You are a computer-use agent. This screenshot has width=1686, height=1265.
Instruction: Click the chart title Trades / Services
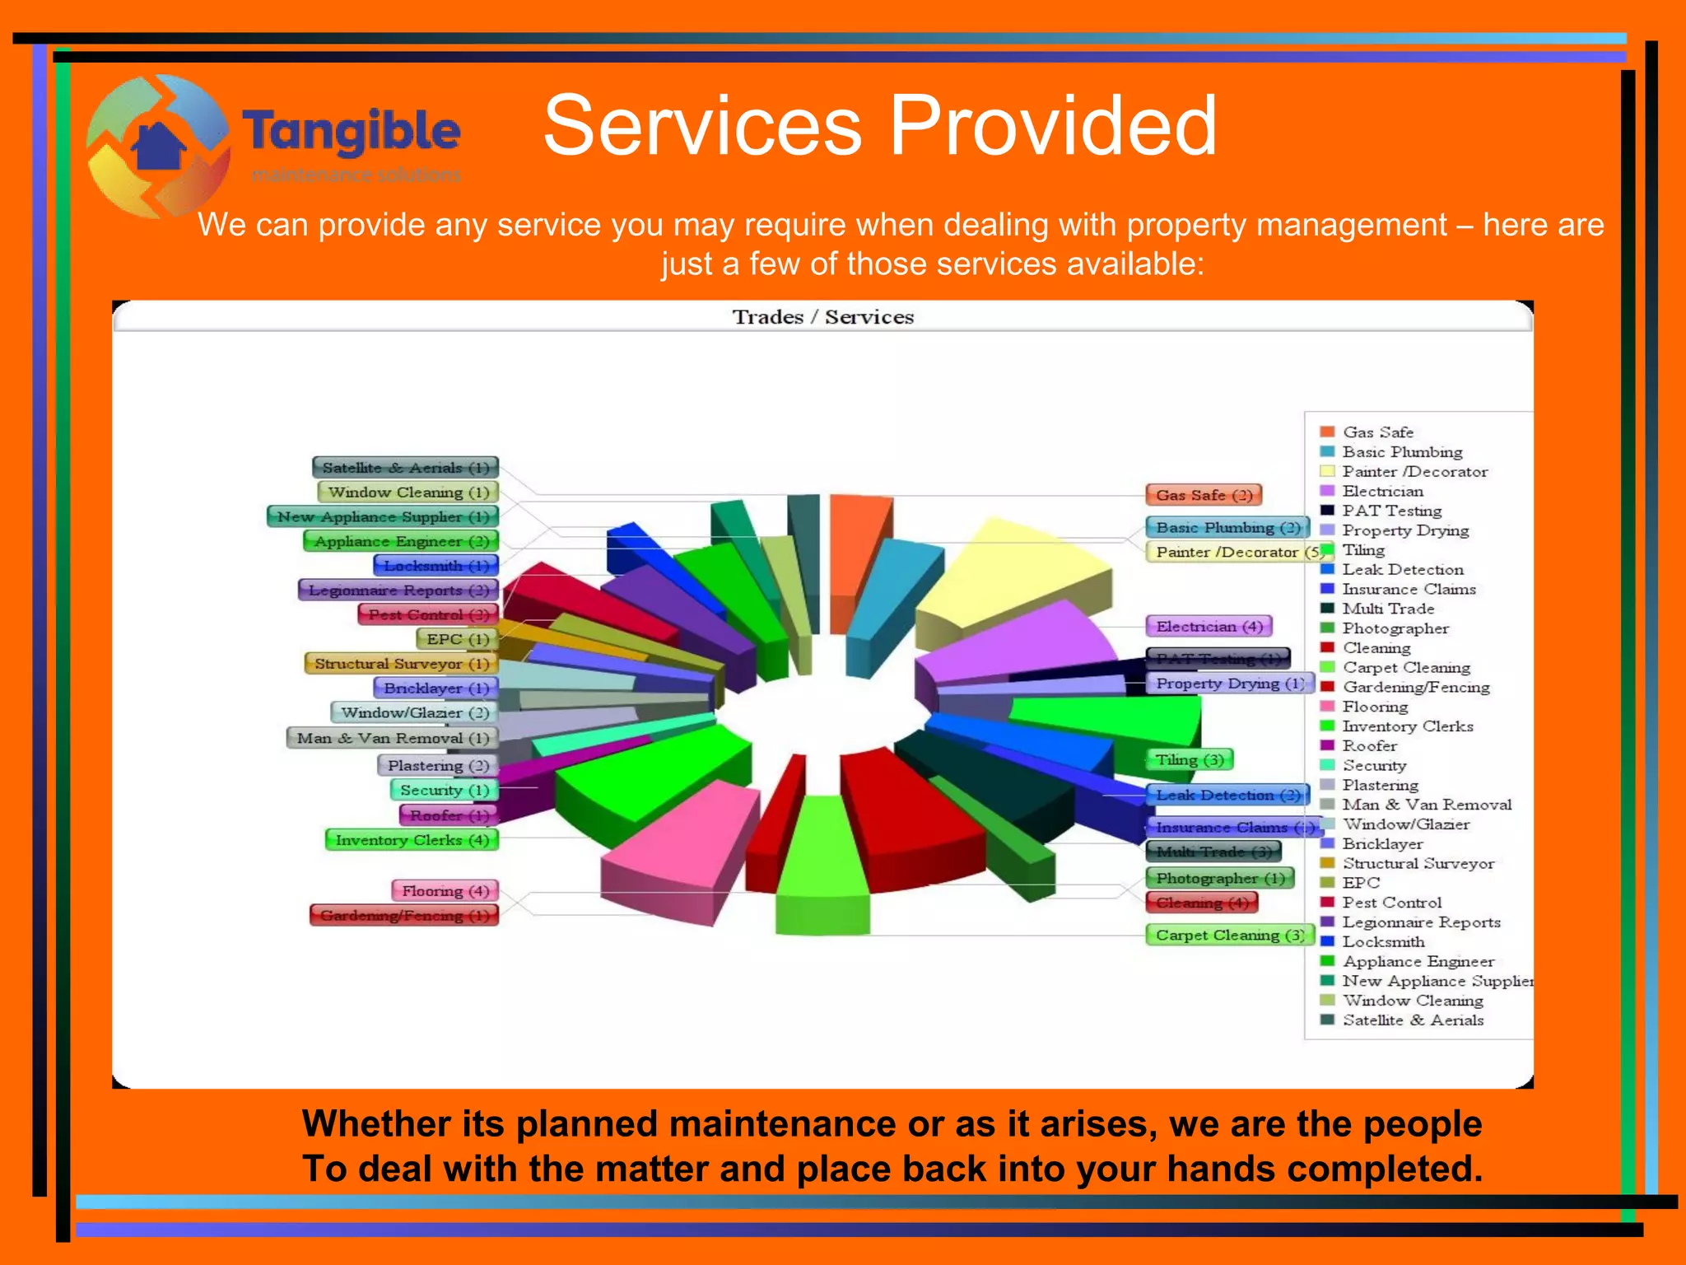[822, 317]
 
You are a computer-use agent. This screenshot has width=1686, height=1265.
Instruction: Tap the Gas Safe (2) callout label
[1204, 495]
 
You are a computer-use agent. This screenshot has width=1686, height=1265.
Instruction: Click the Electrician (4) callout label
[1209, 627]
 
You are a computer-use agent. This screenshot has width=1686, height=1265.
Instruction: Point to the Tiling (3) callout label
[1189, 759]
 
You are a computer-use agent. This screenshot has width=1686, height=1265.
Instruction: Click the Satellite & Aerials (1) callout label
[405, 468]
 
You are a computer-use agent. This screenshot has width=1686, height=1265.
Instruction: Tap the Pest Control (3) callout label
[428, 614]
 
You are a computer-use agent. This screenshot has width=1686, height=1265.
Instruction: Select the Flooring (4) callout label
[445, 891]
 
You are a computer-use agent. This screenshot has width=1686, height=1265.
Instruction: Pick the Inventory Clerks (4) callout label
[412, 840]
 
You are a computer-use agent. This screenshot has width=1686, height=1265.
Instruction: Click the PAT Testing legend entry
[1391, 511]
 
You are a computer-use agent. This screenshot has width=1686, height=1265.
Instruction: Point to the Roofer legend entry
[1369, 745]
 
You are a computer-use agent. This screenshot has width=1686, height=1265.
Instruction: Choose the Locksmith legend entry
[1383, 941]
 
